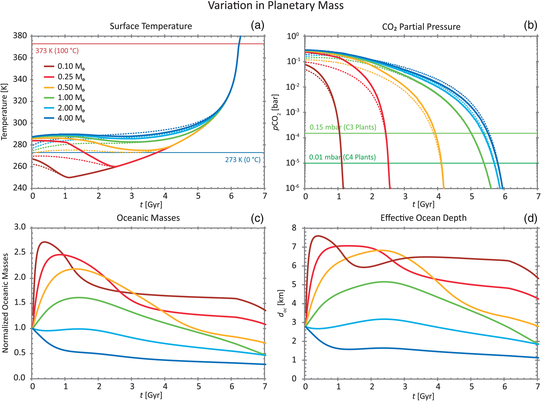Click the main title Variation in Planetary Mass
point(276,6)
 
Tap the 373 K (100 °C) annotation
point(57,51)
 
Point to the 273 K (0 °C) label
point(243,160)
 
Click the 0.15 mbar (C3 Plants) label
point(343,128)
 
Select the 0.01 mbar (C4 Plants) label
point(342,157)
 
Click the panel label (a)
point(257,25)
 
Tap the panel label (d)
point(530,218)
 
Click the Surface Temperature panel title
point(151,26)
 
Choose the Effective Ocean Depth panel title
point(423,218)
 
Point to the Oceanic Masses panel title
point(148,218)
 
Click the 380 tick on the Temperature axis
point(20,36)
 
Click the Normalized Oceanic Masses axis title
point(5,303)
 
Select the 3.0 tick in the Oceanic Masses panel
point(20,227)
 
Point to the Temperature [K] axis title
point(4,111)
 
